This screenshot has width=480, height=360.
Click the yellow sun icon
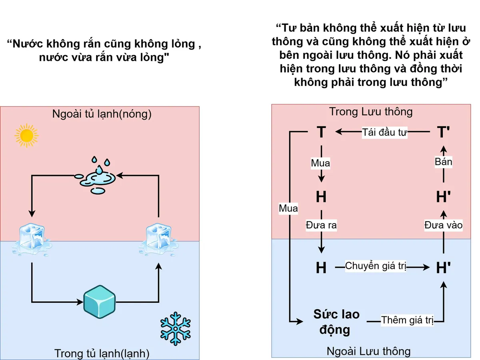[26, 135]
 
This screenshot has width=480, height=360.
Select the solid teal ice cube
[99, 300]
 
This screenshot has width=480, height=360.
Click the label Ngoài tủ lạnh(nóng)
[102, 114]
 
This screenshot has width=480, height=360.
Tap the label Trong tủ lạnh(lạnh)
[102, 353]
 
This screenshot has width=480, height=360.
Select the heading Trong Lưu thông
[370, 112]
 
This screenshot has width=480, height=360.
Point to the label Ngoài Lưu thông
[368, 351]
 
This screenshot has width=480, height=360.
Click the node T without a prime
[321, 132]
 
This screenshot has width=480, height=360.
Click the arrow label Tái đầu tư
[384, 133]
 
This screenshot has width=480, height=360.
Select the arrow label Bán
[443, 161]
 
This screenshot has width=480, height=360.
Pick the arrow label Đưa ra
[321, 225]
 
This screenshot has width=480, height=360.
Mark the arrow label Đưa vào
[443, 225]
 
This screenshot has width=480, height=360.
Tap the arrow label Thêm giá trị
[407, 320]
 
